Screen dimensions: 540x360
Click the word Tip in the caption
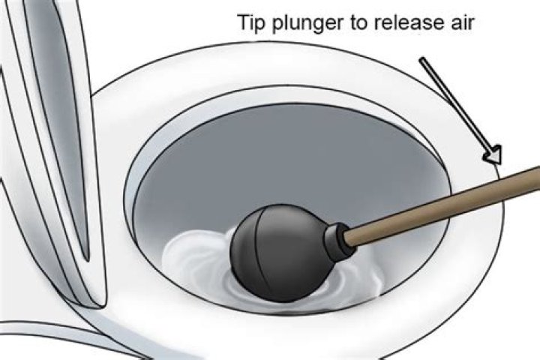(x=251, y=22)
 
